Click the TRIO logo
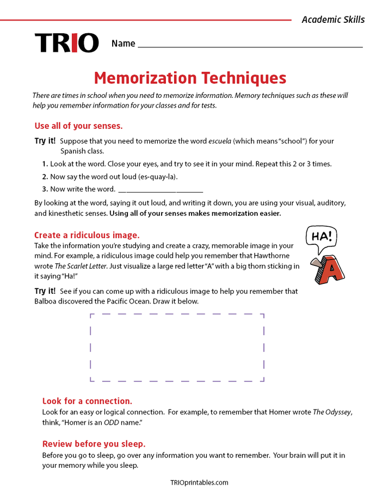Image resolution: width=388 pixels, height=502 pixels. [66, 43]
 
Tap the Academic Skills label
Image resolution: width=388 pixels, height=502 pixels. [333, 20]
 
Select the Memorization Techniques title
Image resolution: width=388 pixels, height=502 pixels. [190, 78]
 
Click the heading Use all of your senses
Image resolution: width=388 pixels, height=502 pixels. [78, 126]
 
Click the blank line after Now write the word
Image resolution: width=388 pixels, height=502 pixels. [161, 190]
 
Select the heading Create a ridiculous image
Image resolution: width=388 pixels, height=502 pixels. [87, 235]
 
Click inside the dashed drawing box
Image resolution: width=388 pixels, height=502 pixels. [177, 348]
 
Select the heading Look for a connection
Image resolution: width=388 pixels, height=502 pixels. [87, 401]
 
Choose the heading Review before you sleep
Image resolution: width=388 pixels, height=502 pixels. [94, 444]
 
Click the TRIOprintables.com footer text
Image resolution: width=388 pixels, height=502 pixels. [199, 482]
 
